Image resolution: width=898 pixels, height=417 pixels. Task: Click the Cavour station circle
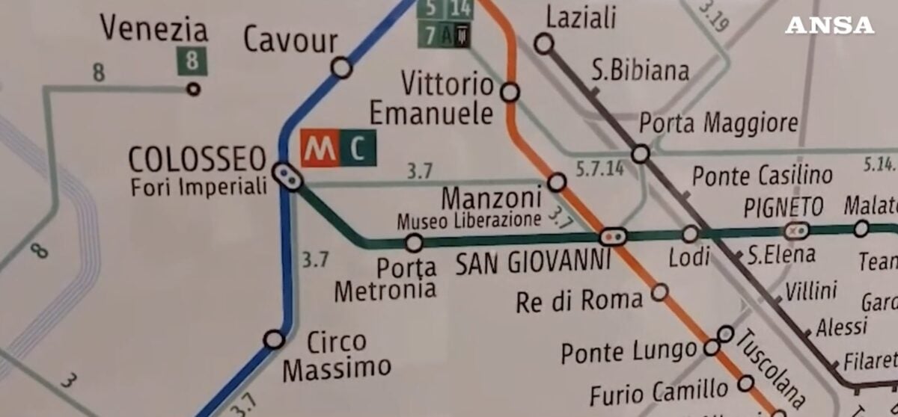point(341,67)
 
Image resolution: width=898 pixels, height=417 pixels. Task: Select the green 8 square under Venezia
point(192,61)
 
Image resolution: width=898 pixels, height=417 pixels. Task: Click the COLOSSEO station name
point(198,158)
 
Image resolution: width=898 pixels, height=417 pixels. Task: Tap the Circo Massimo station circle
point(275,339)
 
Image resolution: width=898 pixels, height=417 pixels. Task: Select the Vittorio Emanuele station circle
point(510,92)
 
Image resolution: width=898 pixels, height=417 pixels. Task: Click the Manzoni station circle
point(557,182)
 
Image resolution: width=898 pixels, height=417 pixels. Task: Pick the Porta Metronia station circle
point(414,243)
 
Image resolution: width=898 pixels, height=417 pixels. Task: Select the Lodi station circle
point(690,234)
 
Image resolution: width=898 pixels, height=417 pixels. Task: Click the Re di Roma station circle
point(659,291)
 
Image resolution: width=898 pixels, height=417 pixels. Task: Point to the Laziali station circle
point(544,44)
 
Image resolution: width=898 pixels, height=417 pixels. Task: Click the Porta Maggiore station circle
point(640,154)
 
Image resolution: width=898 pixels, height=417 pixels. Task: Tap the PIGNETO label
point(783,206)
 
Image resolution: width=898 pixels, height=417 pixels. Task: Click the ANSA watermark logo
point(829,25)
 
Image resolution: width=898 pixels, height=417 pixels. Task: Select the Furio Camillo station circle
point(745,383)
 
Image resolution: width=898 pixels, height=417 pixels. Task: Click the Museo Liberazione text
point(468,220)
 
